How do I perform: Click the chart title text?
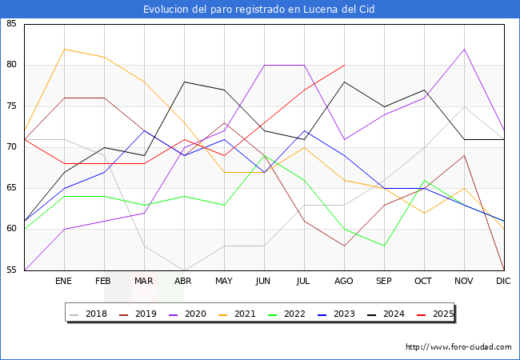pos(259,10)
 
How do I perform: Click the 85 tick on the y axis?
pos(12,24)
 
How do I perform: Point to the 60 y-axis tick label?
pos(12,229)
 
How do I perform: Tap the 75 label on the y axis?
pos(12,106)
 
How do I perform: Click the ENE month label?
pos(64,282)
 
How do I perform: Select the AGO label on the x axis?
pos(344,282)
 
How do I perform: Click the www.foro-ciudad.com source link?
pos(458,347)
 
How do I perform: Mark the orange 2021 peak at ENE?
pos(64,49)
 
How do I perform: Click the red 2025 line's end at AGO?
pos(344,65)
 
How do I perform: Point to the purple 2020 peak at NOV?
pos(464,49)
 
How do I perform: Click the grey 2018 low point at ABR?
pos(184,270)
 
